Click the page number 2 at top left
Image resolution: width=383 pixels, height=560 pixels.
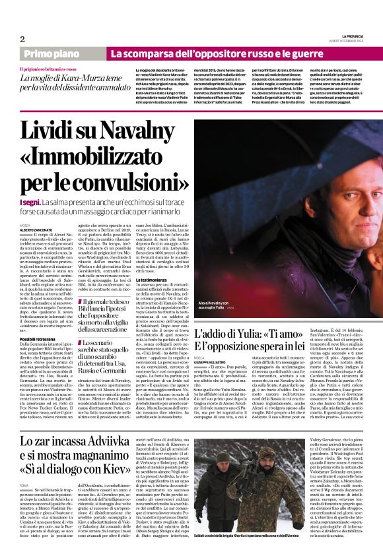[22, 39]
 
